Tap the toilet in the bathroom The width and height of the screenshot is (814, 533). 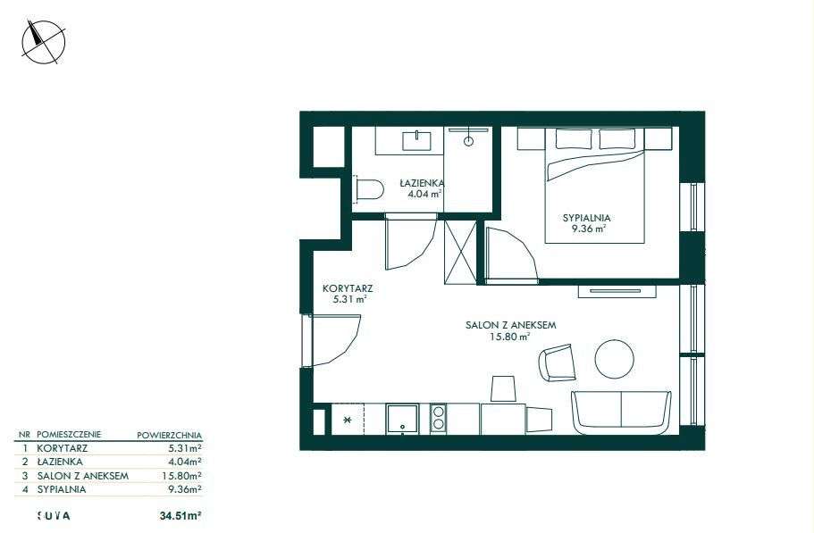[367, 188]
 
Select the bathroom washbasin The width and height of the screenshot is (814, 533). [417, 140]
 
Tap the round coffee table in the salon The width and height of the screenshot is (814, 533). [615, 359]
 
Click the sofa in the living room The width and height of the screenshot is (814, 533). [621, 412]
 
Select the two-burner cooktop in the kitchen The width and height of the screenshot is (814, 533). [438, 418]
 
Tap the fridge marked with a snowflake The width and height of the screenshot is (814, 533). [348, 419]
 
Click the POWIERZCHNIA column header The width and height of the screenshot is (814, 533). [169, 435]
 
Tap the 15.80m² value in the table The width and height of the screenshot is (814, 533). [182, 476]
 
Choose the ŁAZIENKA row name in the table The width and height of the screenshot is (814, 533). [62, 462]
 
